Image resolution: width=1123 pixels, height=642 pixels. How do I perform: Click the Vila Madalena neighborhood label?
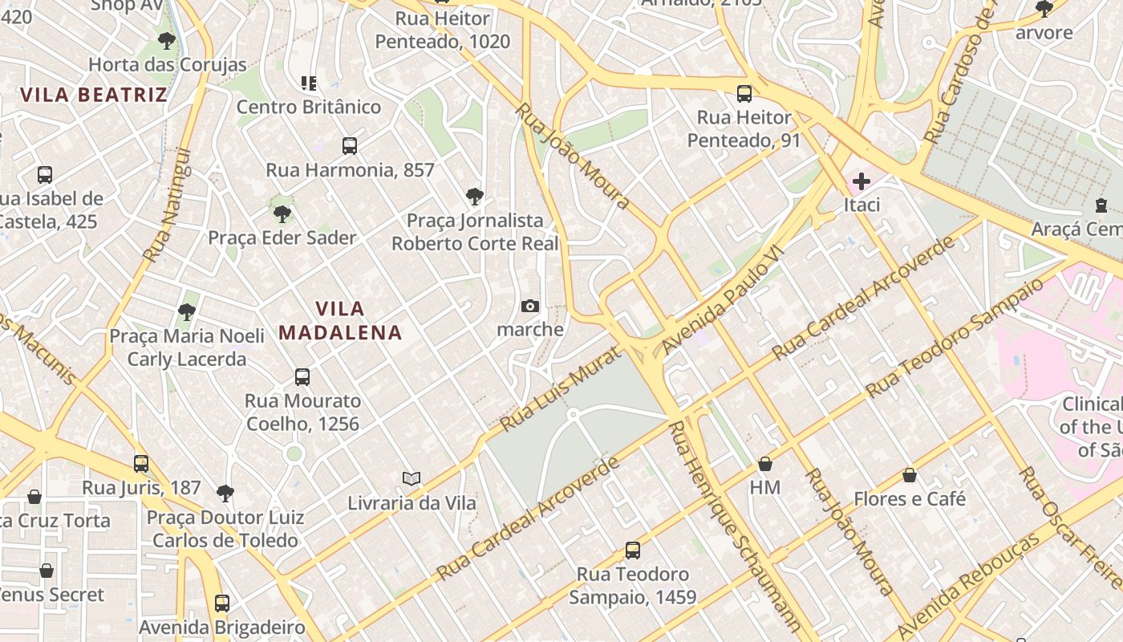coord(339,320)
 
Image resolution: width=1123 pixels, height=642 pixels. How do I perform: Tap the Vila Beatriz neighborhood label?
coord(94,95)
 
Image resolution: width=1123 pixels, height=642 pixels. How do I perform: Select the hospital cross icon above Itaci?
coord(862,181)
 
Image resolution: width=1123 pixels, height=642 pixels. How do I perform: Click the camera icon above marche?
coord(529,306)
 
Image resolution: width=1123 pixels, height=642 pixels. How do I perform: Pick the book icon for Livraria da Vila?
coord(411,479)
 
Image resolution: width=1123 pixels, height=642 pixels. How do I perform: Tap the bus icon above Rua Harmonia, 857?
coord(350,146)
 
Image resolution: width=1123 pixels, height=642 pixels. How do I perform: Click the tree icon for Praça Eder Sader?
coord(282,213)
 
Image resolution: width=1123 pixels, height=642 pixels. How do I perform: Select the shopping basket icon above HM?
coord(765,464)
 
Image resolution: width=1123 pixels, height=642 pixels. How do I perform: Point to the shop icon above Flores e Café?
coord(910,475)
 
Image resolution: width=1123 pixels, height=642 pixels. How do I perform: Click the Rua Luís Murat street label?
coord(560,389)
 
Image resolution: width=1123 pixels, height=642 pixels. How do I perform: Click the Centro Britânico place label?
coord(309,107)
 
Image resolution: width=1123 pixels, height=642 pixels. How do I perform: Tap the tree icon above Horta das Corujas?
coord(167,40)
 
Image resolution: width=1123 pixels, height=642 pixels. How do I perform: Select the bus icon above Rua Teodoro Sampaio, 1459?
coord(633,551)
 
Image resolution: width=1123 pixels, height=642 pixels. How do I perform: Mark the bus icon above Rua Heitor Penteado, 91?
coord(744,94)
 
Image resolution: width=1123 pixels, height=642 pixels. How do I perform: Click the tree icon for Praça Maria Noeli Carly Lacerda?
coord(187,311)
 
